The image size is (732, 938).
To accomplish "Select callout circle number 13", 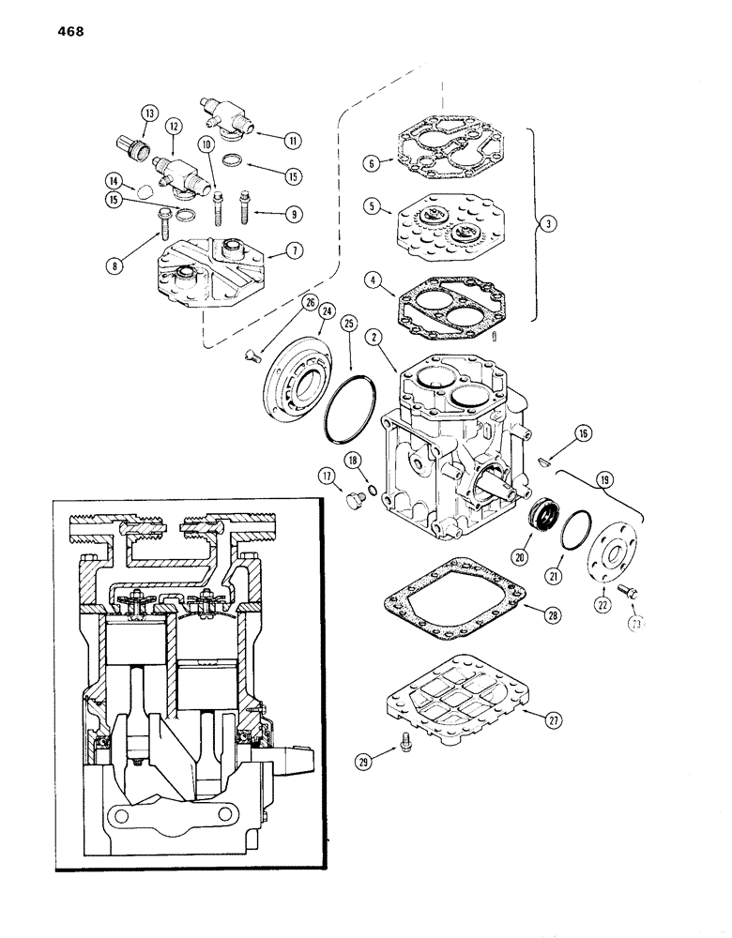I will tap(147, 113).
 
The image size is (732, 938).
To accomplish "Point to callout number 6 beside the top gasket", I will tap(373, 163).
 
